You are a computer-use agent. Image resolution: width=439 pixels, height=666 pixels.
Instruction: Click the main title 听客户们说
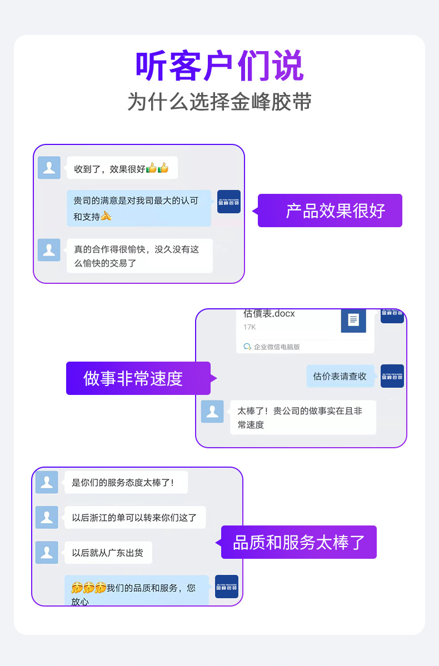[x=219, y=66]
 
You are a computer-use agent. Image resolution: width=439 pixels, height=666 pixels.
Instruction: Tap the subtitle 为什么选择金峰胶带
[x=219, y=102]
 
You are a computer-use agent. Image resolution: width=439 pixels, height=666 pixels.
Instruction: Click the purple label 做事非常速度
[x=133, y=378]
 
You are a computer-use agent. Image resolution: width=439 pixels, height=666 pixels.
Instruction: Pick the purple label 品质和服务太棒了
[x=298, y=542]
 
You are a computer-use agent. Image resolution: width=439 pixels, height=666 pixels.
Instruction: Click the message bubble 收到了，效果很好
[x=122, y=168]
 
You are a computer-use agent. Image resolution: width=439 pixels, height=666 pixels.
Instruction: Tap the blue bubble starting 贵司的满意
[x=139, y=208]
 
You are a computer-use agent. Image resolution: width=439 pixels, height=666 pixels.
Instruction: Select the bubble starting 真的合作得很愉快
[x=139, y=256]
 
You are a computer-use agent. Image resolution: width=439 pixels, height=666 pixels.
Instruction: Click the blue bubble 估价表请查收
[x=340, y=376]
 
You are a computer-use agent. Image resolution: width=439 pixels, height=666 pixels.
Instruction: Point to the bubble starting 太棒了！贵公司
[x=303, y=418]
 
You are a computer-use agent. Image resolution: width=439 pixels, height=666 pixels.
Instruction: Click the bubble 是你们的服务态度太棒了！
[x=126, y=482]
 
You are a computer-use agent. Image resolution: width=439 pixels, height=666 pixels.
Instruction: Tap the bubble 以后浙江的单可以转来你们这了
[x=135, y=518]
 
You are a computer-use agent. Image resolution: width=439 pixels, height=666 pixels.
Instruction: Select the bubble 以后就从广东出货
[x=108, y=553]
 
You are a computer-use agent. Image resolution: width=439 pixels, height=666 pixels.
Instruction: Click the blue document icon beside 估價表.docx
[x=353, y=319]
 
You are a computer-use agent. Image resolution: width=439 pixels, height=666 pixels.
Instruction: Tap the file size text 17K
[x=250, y=327]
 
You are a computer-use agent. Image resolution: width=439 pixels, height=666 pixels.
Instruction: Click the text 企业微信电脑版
[x=277, y=347]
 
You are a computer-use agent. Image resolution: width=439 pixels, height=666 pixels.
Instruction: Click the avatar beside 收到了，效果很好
[x=49, y=168]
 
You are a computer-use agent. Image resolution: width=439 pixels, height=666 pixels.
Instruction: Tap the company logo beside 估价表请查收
[x=392, y=376]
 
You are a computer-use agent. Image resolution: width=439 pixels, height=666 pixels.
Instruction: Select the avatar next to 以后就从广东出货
[x=47, y=553]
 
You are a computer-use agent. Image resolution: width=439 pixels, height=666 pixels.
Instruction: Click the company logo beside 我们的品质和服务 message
[x=227, y=587]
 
